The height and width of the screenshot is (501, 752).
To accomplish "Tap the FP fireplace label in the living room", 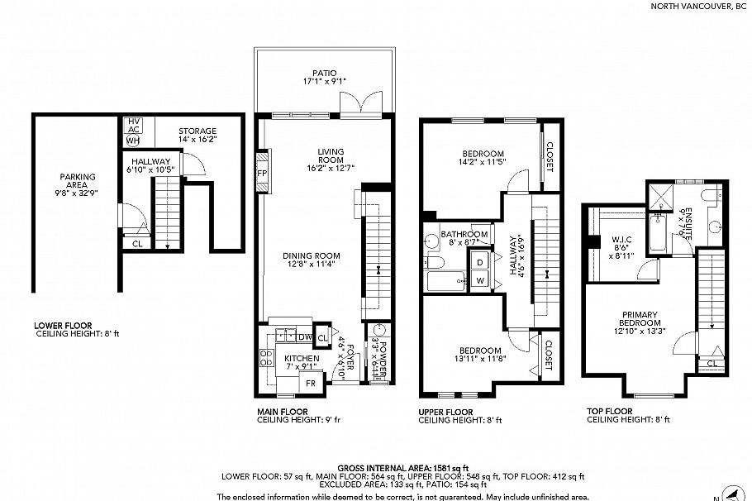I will click(x=263, y=174).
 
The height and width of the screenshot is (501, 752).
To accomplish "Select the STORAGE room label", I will click(x=198, y=131).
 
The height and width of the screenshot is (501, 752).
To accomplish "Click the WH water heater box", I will click(x=132, y=141).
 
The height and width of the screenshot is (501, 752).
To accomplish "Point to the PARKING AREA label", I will click(x=77, y=176).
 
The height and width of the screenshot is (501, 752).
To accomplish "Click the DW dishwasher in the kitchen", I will click(x=304, y=336).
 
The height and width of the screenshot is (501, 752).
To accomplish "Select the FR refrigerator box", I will click(x=311, y=384).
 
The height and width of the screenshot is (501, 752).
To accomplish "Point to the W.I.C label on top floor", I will click(x=621, y=242).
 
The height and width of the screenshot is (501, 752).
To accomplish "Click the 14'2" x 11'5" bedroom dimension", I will click(x=483, y=162).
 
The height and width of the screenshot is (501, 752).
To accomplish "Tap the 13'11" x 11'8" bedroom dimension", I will click(x=479, y=359).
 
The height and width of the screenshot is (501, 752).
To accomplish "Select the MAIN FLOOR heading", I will click(x=283, y=411).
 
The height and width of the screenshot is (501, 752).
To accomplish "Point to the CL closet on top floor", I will click(x=712, y=362).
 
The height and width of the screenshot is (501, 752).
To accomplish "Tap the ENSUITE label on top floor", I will click(x=681, y=222).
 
